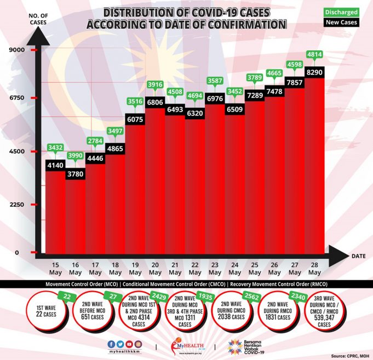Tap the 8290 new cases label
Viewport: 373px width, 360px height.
click(x=314, y=71)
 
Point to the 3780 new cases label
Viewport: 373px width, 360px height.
click(x=75, y=175)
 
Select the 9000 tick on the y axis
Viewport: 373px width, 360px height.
click(x=17, y=50)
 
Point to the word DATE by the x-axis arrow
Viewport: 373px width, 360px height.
click(x=359, y=256)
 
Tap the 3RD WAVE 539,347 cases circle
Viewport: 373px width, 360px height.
click(x=331, y=312)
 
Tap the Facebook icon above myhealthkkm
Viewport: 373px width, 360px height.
click(x=111, y=344)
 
